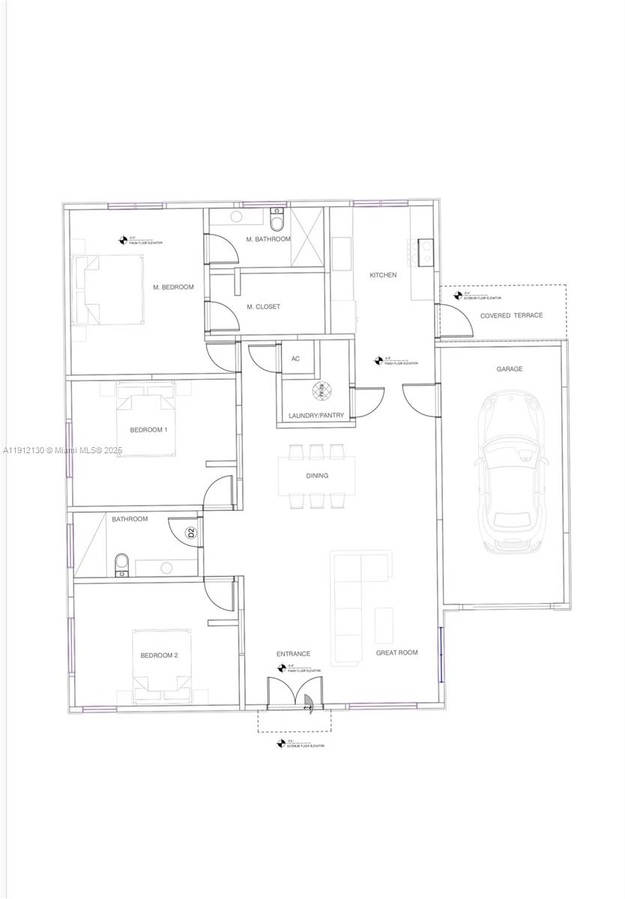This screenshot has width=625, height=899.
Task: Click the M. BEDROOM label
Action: tap(173, 287)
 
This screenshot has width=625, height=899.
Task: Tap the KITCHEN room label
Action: tap(383, 275)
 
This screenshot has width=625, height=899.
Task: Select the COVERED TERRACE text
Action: tap(511, 315)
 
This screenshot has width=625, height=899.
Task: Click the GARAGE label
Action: tap(509, 369)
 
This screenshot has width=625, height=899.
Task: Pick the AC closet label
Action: tap(295, 359)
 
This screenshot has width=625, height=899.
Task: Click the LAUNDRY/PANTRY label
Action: tap(316, 416)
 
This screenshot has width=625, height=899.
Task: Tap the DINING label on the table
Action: tap(316, 476)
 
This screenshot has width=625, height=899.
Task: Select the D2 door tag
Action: tap(191, 533)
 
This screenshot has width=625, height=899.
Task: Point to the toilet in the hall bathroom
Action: tap(121, 566)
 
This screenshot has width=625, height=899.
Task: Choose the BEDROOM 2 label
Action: tap(159, 656)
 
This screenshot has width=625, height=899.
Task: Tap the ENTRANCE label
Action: tap(293, 654)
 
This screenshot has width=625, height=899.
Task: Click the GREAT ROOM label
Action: tap(396, 653)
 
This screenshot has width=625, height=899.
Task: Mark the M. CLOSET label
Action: tap(264, 306)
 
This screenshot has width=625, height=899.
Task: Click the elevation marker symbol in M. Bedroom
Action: tap(123, 240)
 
